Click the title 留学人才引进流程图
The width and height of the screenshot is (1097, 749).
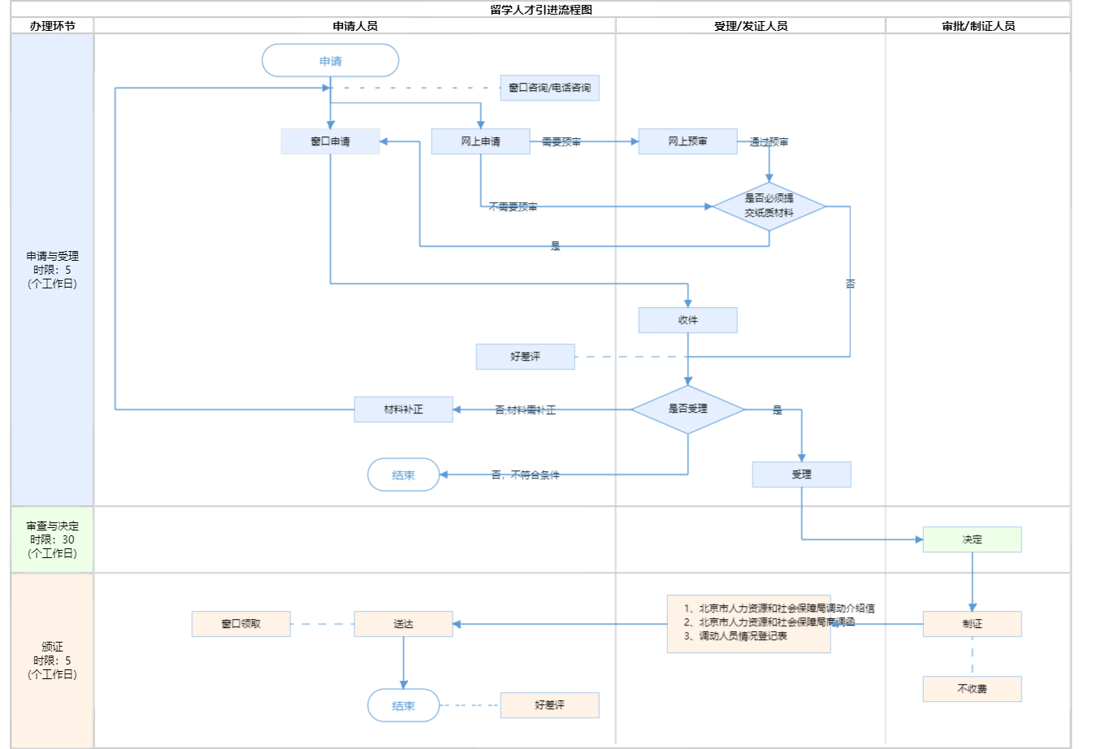click(x=541, y=10)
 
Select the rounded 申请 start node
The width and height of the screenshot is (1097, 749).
click(x=330, y=61)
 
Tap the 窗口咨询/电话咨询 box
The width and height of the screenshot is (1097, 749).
click(x=549, y=88)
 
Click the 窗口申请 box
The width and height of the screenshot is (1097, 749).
click(x=330, y=141)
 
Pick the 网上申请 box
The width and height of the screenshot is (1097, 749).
click(x=480, y=141)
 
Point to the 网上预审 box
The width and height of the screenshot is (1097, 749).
click(x=687, y=141)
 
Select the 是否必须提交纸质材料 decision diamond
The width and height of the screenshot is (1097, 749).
click(x=769, y=206)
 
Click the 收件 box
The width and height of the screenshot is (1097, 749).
click(x=687, y=320)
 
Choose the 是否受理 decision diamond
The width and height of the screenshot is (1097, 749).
click(x=687, y=409)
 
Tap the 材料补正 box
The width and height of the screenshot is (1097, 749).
click(x=403, y=409)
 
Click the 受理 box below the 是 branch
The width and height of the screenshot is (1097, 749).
click(x=801, y=474)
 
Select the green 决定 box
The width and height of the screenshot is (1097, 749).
click(x=972, y=539)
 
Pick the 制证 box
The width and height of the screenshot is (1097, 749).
click(x=972, y=624)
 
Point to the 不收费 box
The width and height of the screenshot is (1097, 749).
click(x=972, y=689)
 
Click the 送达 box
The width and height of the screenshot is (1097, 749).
click(x=403, y=624)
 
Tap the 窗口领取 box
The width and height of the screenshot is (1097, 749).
click(x=241, y=624)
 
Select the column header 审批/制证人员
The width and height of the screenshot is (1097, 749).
click(x=978, y=26)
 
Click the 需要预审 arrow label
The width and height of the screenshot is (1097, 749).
click(x=562, y=142)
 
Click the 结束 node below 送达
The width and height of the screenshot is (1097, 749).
click(x=403, y=706)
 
